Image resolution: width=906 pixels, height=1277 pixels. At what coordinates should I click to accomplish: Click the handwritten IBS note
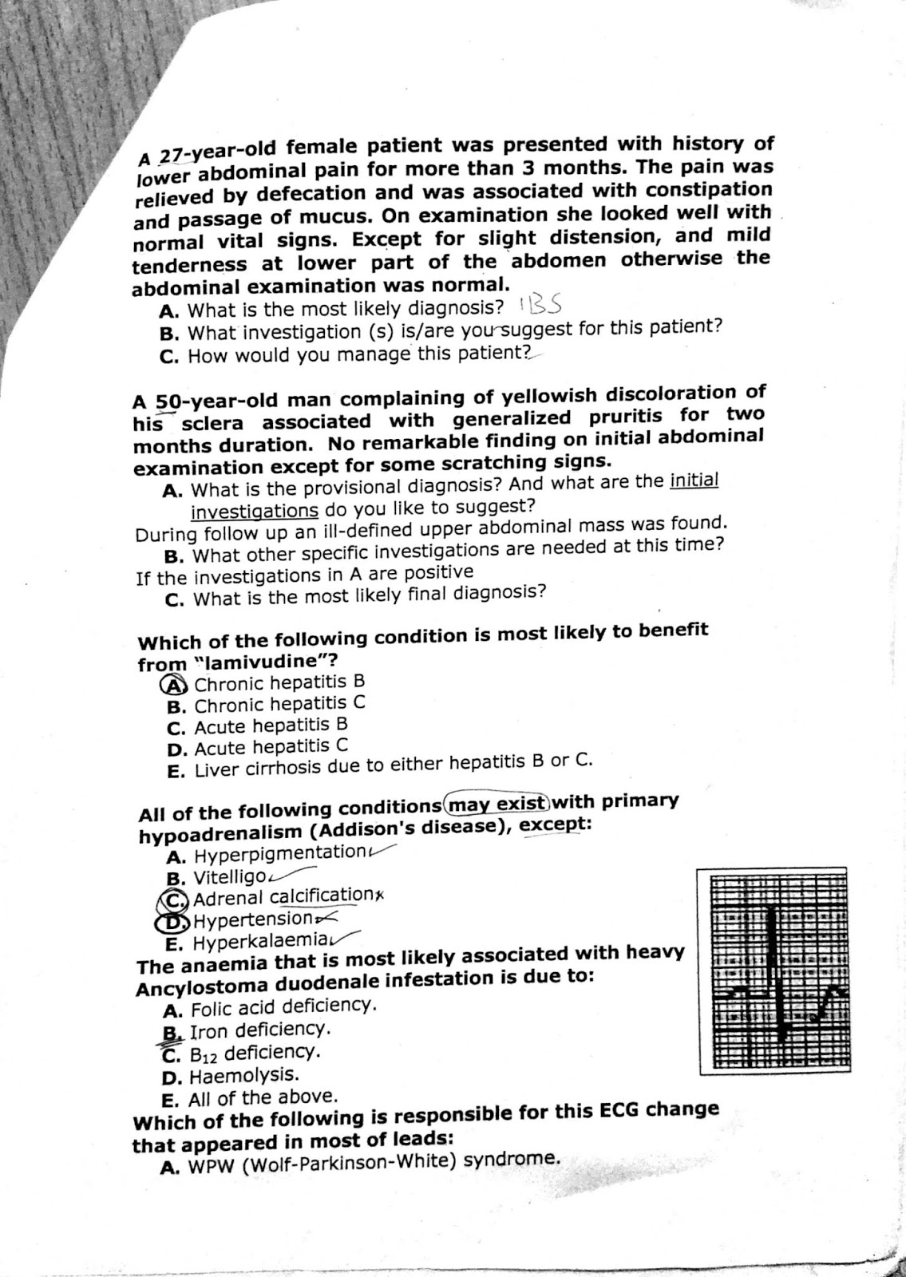(x=543, y=305)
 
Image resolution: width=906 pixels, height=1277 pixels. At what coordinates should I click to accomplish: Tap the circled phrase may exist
(x=498, y=802)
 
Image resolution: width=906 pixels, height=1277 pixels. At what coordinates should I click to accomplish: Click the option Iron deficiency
(x=258, y=1030)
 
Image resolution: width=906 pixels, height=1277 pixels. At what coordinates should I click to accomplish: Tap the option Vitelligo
(x=229, y=877)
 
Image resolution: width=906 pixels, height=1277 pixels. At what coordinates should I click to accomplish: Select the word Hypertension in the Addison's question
(x=244, y=920)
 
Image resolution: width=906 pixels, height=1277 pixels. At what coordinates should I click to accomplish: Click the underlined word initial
(x=694, y=481)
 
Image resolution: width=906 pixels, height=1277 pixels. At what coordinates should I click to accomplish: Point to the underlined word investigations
(x=254, y=510)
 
